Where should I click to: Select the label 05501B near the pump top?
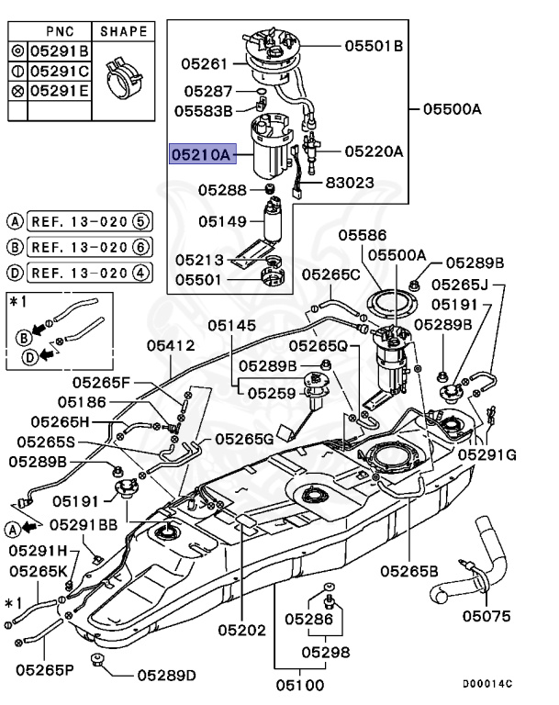(x=374, y=45)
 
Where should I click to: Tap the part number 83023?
(x=349, y=183)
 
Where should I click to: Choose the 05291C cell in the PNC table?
(x=60, y=71)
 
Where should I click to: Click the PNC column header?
(x=60, y=30)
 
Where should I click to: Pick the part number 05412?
(x=171, y=345)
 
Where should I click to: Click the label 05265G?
(x=244, y=440)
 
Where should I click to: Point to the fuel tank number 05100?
(x=300, y=684)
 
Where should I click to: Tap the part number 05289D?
(x=167, y=675)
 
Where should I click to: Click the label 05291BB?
(x=83, y=524)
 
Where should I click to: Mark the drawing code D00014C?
(x=486, y=684)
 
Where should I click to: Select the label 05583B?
(x=204, y=110)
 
